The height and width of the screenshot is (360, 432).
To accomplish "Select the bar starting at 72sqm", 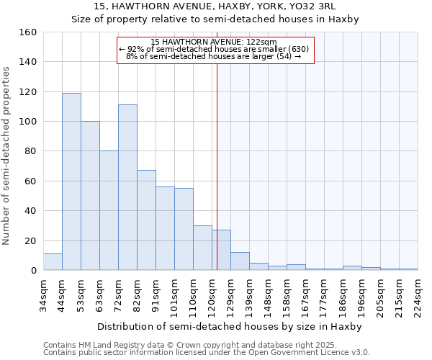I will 127,187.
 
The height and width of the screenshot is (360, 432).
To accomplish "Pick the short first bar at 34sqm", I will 53,262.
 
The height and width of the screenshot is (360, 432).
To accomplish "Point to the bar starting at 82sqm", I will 146,220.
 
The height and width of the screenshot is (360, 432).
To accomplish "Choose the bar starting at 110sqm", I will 202,248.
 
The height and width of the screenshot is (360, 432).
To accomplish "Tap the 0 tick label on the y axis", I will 33,271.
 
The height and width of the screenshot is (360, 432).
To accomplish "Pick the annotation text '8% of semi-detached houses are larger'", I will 212,56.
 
